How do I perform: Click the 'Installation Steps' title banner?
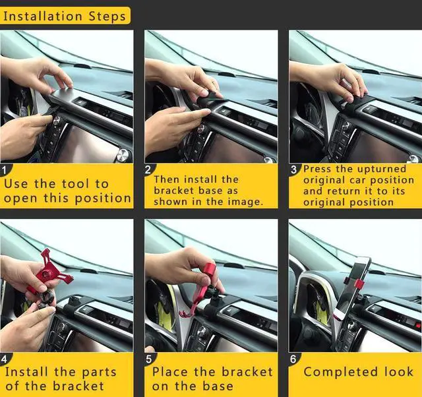[65, 15]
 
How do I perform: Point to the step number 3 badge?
[295, 169]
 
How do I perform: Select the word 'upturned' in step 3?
[382, 169]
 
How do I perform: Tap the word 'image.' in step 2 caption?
[245, 202]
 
